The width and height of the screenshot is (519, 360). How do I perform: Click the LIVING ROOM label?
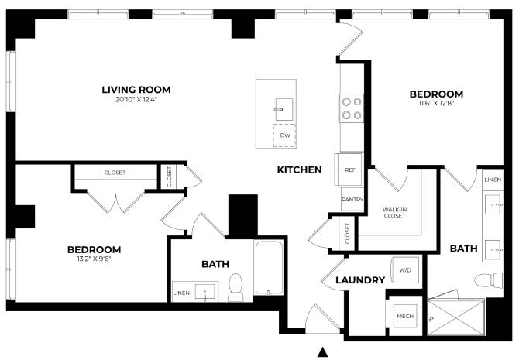tap(136, 90)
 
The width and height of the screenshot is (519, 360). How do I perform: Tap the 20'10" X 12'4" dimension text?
tap(136, 99)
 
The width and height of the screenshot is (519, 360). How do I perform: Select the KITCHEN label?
tap(299, 170)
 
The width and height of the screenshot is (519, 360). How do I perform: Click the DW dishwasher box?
tap(284, 135)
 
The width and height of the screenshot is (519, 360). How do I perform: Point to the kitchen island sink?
tap(284, 109)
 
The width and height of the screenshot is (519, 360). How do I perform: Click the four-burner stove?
tap(352, 108)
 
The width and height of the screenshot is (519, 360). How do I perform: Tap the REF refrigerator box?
tap(349, 170)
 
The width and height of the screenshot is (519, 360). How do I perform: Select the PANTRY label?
tap(352, 199)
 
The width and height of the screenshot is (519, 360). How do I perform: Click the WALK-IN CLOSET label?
tap(394, 212)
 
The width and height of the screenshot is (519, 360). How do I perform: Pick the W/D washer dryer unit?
tap(405, 269)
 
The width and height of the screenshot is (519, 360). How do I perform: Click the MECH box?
tap(405, 316)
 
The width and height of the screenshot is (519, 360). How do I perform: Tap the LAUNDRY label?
tap(360, 280)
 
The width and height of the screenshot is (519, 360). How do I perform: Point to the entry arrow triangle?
tap(323, 352)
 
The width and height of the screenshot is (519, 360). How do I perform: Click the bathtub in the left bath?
tap(269, 267)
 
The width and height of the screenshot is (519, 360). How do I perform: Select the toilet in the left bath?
tap(235, 287)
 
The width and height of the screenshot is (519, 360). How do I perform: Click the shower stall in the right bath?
tap(456, 317)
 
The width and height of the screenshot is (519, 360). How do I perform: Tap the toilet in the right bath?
tap(489, 280)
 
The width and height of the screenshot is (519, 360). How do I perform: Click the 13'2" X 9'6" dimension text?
tap(94, 259)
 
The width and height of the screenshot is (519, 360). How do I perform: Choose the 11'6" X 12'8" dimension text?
tap(436, 103)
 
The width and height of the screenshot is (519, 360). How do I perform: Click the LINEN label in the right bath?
tap(493, 180)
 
